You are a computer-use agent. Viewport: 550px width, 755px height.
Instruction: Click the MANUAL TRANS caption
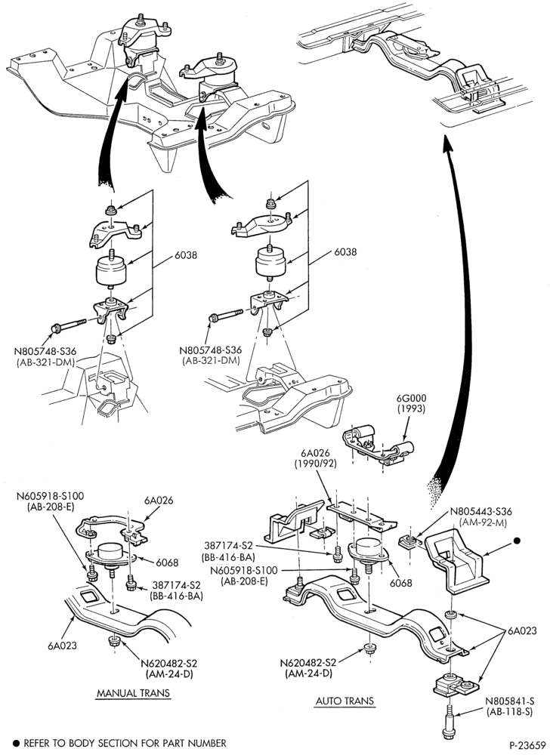tap(134, 693)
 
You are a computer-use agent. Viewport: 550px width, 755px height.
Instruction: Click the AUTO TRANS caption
tap(345, 701)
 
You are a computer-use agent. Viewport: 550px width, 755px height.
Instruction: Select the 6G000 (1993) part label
tap(412, 403)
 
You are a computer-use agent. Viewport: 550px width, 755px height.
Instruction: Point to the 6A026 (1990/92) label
tap(316, 459)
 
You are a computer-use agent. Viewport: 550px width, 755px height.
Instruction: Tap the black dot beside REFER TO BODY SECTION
tap(15, 744)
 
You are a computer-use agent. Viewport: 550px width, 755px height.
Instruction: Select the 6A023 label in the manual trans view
tap(62, 646)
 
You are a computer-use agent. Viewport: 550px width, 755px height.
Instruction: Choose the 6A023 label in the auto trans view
tap(521, 630)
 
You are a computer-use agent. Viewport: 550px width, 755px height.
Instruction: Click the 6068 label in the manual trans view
tap(167, 562)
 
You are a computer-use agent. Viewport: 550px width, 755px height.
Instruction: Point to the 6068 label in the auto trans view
tap(401, 583)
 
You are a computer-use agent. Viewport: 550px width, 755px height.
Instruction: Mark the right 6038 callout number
tap(345, 251)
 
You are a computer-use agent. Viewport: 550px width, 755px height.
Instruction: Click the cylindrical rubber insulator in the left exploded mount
tap(111, 271)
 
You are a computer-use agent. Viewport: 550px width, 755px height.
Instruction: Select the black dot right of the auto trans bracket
tap(518, 541)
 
